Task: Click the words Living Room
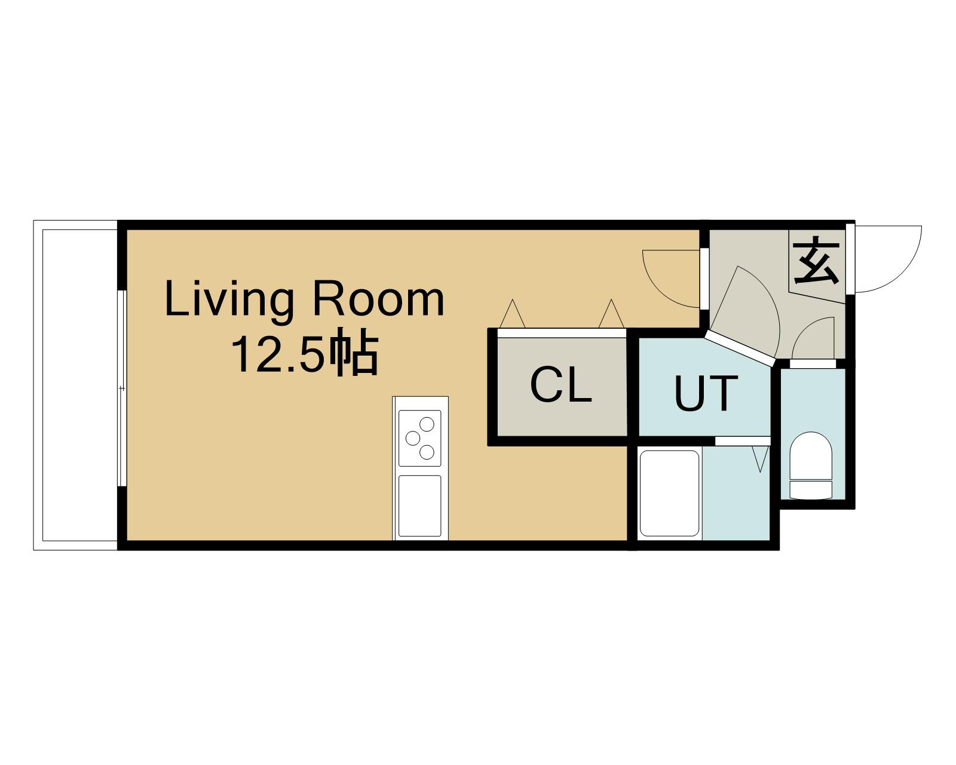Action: tap(304, 299)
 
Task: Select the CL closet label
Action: tap(560, 385)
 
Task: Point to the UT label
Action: tap(706, 393)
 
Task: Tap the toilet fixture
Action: tap(811, 465)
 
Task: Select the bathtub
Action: tap(669, 494)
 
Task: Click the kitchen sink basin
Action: tap(420, 506)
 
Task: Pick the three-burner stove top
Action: tap(420, 438)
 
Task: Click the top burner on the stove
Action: tap(427, 424)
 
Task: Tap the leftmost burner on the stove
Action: tap(413, 438)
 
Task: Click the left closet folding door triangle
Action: tap(512, 313)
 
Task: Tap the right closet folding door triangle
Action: tap(611, 313)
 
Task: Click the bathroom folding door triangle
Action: tap(760, 459)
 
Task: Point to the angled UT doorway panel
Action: tap(740, 348)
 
